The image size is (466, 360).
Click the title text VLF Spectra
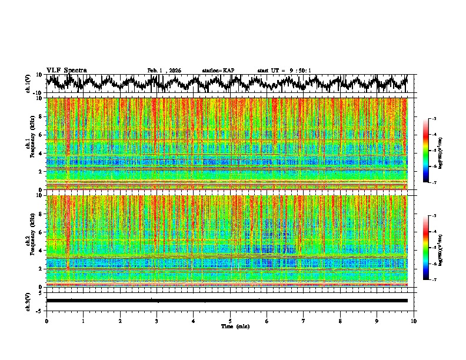click(x=66, y=70)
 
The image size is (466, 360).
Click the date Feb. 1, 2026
click(x=164, y=71)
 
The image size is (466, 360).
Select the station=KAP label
click(x=218, y=71)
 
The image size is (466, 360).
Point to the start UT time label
click(x=284, y=71)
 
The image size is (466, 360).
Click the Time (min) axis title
click(x=230, y=326)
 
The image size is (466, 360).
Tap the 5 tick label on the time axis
click(x=230, y=321)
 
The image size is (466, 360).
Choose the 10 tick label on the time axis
click(x=414, y=321)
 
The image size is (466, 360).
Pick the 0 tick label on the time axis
click(x=46, y=321)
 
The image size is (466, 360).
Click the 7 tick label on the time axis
click(x=304, y=321)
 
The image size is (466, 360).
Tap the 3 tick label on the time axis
click(x=157, y=321)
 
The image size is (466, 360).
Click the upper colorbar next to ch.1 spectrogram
click(x=431, y=151)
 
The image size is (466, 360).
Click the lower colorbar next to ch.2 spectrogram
click(x=431, y=248)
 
